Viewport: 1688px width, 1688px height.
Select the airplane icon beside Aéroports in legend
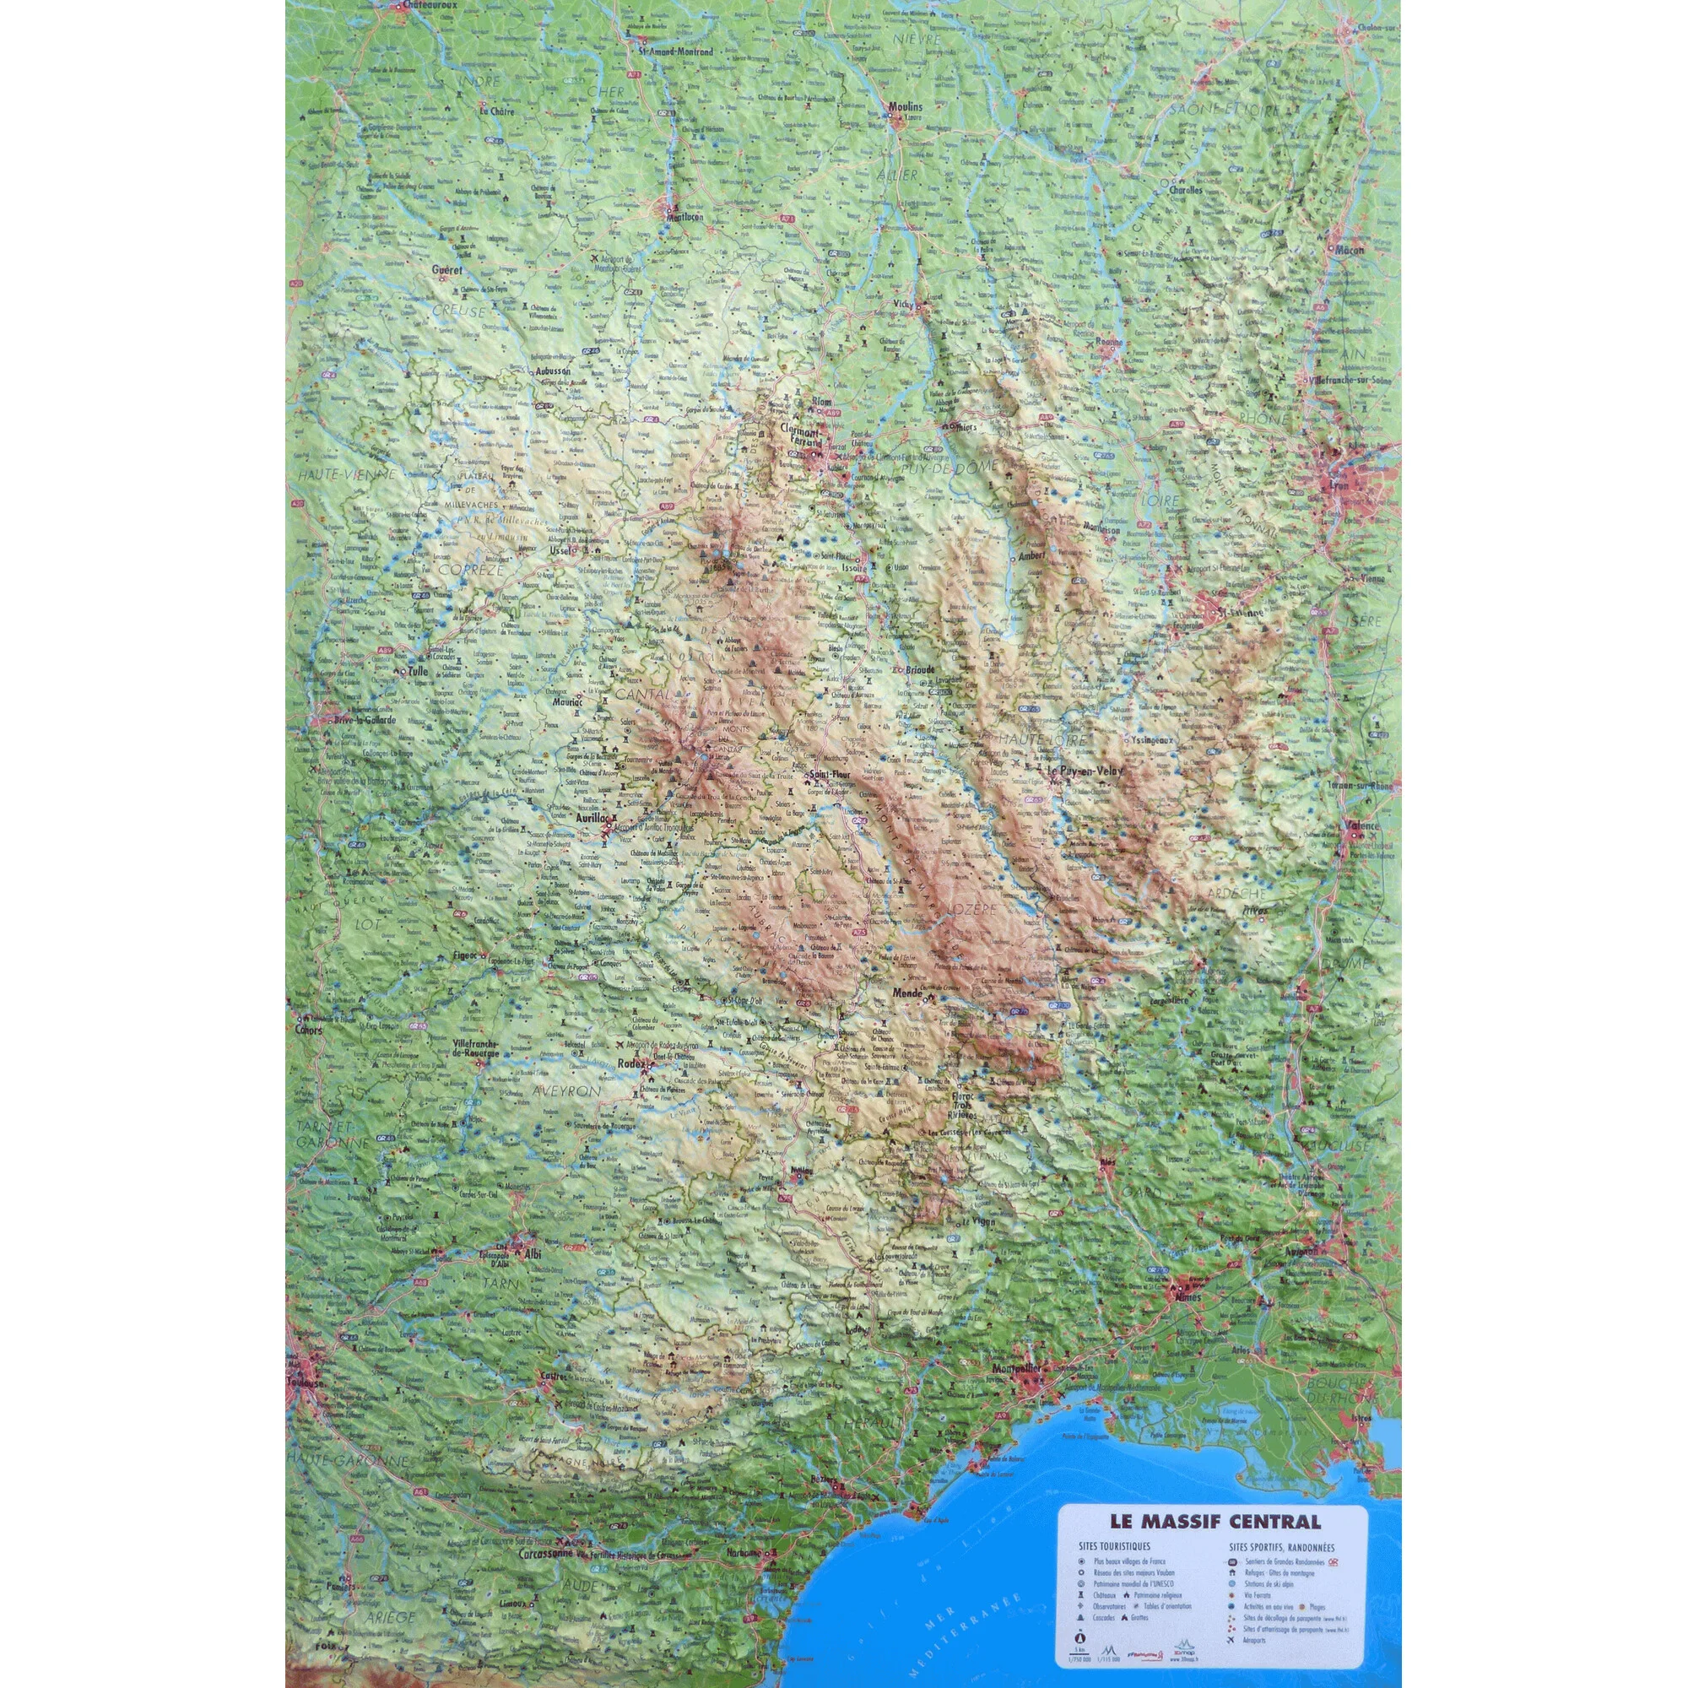[x=1231, y=1641]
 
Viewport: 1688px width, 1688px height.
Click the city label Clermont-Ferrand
[x=802, y=436]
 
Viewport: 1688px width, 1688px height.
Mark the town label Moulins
[x=905, y=106]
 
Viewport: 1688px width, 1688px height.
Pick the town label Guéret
[x=446, y=271]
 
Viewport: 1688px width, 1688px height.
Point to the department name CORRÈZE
[x=472, y=570]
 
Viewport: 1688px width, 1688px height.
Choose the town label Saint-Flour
[x=825, y=774]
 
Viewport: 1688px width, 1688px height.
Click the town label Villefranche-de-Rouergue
[x=477, y=1048]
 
